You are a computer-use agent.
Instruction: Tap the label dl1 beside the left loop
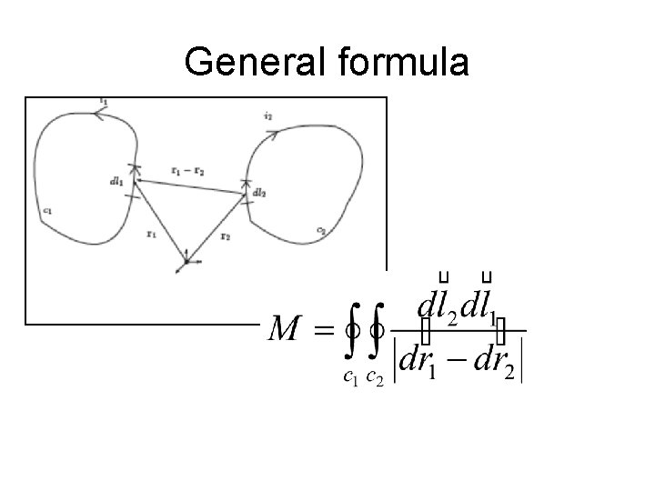click(x=116, y=181)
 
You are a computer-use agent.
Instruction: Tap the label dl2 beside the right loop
click(x=259, y=193)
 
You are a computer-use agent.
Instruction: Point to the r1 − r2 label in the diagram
click(x=187, y=170)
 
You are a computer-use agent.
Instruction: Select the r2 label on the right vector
click(x=226, y=234)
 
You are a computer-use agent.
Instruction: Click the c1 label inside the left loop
click(x=46, y=211)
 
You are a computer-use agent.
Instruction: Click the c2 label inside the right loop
click(x=321, y=229)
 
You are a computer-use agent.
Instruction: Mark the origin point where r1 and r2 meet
click(x=186, y=261)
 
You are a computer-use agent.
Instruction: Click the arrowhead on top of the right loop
click(x=273, y=135)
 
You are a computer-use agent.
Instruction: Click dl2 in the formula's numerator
click(x=437, y=306)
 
